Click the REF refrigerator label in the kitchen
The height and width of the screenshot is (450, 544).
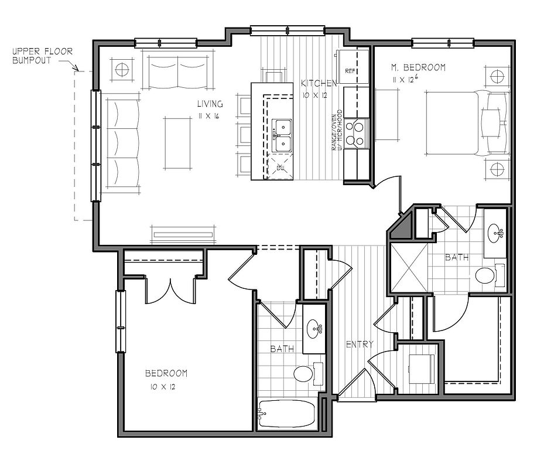click(351, 71)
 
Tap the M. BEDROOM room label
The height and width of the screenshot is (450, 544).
click(419, 67)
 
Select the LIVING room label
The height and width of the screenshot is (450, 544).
click(210, 104)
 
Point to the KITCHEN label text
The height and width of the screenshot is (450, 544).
click(319, 83)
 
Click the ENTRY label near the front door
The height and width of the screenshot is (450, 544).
click(360, 345)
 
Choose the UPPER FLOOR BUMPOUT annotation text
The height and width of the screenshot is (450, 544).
click(42, 56)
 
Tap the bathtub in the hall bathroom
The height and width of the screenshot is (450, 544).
click(286, 414)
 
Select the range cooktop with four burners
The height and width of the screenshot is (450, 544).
click(356, 134)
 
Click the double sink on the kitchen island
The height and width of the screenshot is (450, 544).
click(281, 136)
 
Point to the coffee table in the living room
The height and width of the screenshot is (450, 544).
click(178, 143)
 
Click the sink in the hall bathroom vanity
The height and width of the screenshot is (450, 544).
click(314, 328)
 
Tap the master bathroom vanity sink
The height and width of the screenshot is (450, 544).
click(496, 232)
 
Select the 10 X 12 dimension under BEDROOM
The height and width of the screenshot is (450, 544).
click(163, 387)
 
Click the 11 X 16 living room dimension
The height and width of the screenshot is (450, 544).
click(209, 116)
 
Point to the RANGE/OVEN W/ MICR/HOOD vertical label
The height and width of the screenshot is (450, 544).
click(337, 130)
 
